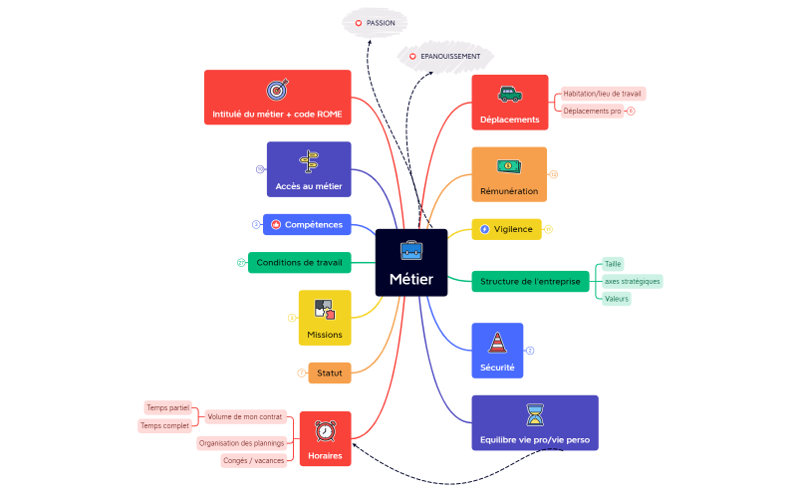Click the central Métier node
pos(410,264)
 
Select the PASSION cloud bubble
pos(375,21)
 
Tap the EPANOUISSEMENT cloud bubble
pos(444,57)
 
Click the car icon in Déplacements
pos(509,95)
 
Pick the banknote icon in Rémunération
pos(508,165)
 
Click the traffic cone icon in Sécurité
pos(496,343)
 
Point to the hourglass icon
pos(534,414)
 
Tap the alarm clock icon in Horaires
pos(325,431)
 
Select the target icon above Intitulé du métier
pos(277,90)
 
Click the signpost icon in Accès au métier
pos(309,161)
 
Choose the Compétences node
pos(307,225)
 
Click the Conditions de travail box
pos(299,263)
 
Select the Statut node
pos(329,373)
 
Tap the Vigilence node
pos(506,229)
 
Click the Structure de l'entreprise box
pos(529,281)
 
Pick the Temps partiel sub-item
pos(168,407)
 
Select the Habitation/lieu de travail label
pos(602,94)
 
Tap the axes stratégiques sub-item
pos(632,281)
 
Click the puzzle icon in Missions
pos(324,310)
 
